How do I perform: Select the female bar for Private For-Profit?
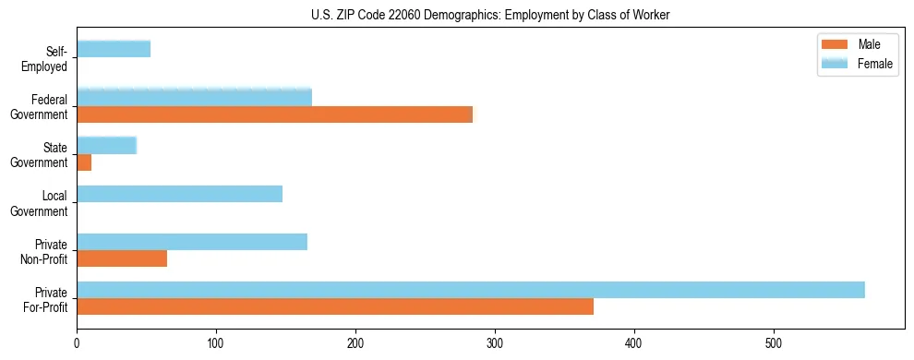coord(471,290)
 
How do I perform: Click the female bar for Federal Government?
coord(194,97)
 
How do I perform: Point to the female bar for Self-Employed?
coord(114,49)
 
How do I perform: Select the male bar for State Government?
coord(84,162)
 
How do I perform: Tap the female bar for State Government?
coord(106,145)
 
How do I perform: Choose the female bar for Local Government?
coord(179,194)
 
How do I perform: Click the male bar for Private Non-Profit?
coord(122,258)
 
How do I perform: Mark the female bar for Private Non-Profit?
coord(192,242)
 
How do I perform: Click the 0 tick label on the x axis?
coord(77,344)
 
